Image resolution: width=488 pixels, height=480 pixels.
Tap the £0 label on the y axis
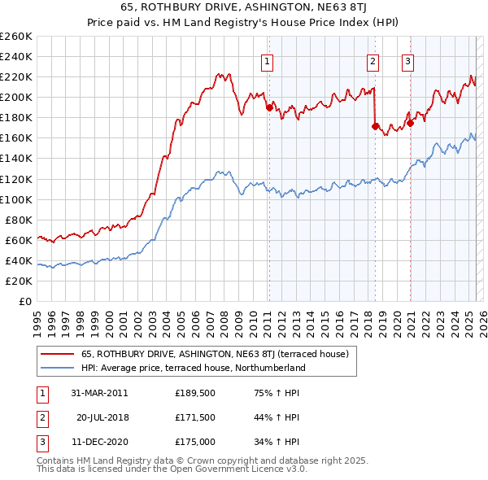(26, 301)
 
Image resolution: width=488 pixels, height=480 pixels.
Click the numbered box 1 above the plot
(268, 59)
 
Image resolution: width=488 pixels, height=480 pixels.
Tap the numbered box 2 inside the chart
(373, 59)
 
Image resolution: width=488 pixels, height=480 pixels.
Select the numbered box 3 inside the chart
(407, 59)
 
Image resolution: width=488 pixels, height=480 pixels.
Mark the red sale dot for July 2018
(375, 126)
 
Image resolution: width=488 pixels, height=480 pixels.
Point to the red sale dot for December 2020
(410, 123)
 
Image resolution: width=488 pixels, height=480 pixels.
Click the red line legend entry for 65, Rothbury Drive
(215, 354)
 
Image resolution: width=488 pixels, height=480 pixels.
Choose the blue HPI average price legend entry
(193, 368)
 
